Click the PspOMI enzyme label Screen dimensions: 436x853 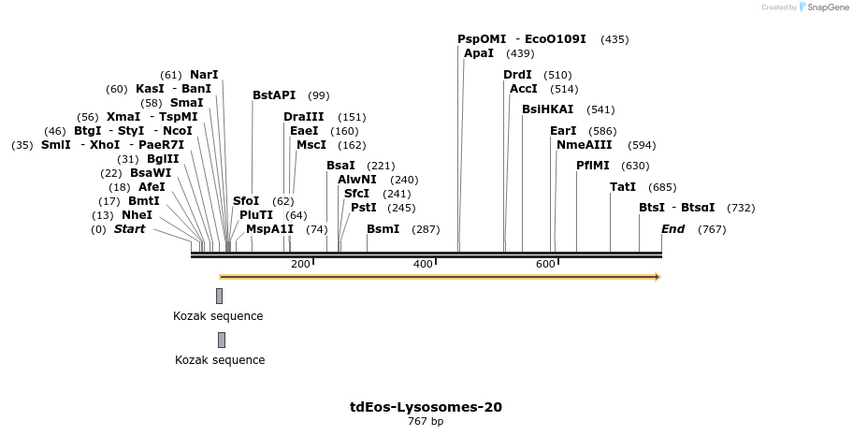(481, 39)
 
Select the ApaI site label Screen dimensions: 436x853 (478, 53)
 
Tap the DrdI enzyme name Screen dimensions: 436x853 (517, 75)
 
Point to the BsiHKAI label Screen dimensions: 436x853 (547, 109)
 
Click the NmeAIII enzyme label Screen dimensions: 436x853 (584, 145)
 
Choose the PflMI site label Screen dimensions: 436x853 (593, 166)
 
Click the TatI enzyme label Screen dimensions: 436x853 (622, 187)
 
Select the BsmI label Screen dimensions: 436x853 (383, 229)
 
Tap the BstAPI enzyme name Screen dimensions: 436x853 (274, 95)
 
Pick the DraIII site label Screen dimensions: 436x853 (304, 117)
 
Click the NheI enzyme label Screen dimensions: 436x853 (137, 215)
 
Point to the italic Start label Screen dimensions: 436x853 (129, 229)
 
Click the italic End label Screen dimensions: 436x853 (672, 229)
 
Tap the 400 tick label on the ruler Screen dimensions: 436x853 (423, 265)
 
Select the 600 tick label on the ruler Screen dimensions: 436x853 (545, 265)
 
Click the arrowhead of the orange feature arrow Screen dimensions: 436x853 (658, 277)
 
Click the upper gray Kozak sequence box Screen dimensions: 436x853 (219, 296)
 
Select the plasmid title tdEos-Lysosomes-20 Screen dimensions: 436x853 (426, 407)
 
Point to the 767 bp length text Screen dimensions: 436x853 (426, 422)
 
